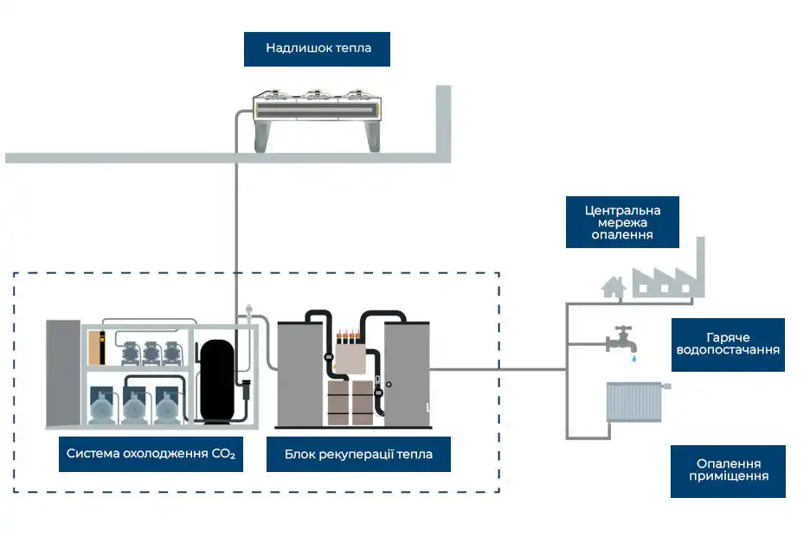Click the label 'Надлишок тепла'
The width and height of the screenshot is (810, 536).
(317, 48)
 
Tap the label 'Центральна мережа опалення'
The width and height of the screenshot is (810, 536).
(622, 222)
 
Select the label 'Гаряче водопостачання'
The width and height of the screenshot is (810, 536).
(728, 344)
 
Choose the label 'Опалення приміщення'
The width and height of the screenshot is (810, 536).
(728, 470)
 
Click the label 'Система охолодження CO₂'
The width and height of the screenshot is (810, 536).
(151, 453)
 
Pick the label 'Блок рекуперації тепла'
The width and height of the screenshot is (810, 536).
(358, 453)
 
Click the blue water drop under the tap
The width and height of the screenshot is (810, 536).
(633, 356)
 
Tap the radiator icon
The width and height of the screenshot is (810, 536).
(634, 402)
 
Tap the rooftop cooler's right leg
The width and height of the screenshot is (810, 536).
(373, 136)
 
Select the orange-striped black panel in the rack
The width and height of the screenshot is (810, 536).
(103, 346)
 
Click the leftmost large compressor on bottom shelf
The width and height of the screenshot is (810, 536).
(103, 404)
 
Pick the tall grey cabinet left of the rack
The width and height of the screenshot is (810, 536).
(62, 373)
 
